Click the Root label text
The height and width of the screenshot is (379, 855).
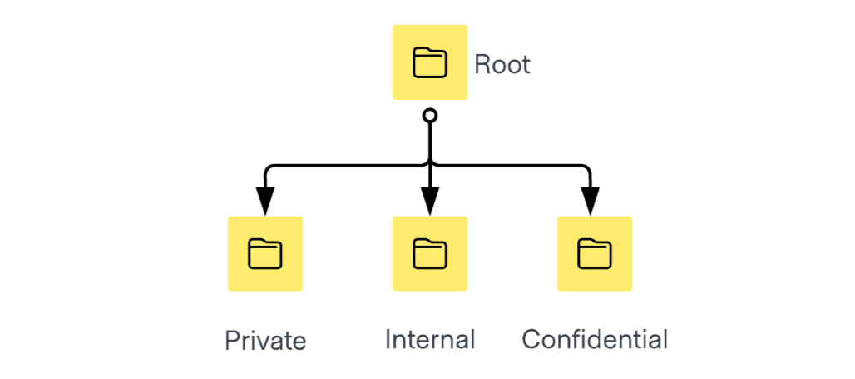[502, 64]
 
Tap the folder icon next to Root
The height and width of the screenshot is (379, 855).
[430, 63]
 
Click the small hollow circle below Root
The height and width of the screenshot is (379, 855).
[430, 115]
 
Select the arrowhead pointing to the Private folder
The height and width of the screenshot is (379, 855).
[265, 201]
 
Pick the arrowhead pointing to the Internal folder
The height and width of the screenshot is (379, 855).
[430, 201]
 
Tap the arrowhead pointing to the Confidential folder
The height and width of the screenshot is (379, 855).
[590, 201]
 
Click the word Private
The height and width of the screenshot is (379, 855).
[265, 341]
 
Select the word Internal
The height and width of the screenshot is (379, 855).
[430, 339]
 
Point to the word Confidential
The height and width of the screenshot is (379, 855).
[595, 339]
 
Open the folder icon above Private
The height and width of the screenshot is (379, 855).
[265, 253]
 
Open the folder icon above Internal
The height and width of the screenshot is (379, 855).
[430, 253]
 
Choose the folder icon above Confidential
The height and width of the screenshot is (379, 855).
[595, 253]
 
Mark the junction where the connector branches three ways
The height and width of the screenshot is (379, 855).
[430, 165]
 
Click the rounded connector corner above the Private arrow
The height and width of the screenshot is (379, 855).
[269, 168]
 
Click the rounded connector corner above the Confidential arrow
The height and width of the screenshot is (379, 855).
[586, 168]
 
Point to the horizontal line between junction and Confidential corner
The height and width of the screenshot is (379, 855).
[507, 165]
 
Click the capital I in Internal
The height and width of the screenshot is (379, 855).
[388, 339]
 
